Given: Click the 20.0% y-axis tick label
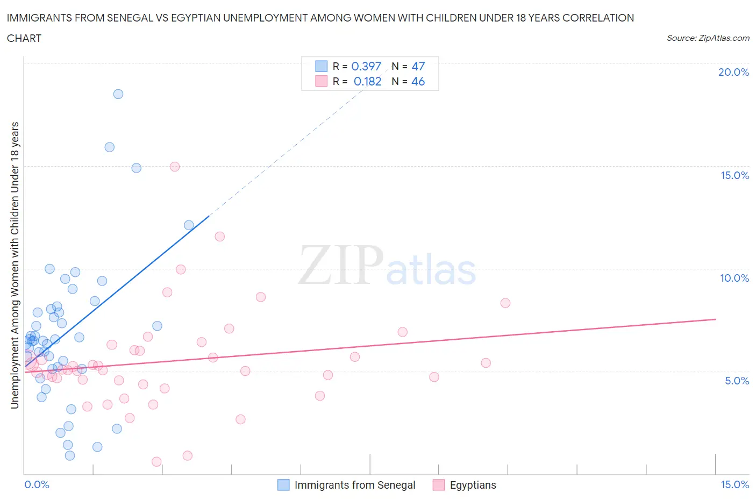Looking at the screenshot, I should [x=733, y=73].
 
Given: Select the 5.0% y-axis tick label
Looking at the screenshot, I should [x=737, y=381].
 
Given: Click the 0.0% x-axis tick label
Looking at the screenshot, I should [x=37, y=485].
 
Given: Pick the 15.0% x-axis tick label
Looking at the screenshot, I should [x=734, y=485].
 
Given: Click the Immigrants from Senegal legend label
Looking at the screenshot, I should [x=355, y=485].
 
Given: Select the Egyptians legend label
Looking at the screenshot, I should [x=473, y=485].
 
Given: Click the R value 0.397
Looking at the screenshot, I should [x=366, y=67].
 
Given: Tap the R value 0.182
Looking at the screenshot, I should [x=367, y=82].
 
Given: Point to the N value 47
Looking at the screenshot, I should [x=418, y=67].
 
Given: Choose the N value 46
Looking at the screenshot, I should [x=418, y=82].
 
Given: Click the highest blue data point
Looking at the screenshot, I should [x=118, y=94].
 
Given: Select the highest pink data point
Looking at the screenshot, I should [x=175, y=167].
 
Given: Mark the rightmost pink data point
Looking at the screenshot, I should [x=505, y=303].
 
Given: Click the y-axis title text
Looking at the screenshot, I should [x=15, y=265].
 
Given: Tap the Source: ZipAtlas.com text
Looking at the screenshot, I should [x=708, y=38].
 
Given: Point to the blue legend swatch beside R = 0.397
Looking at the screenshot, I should [x=321, y=67].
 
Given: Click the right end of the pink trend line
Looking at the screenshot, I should [x=716, y=319].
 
